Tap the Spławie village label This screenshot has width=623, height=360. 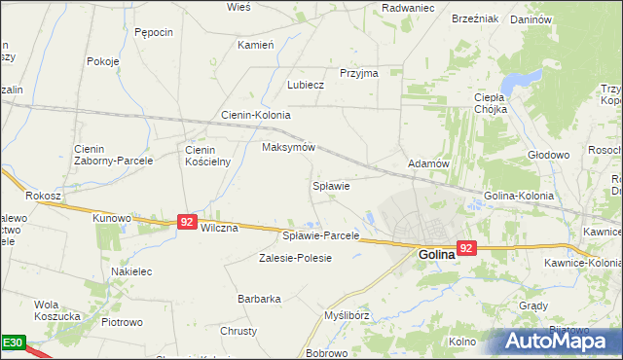330,185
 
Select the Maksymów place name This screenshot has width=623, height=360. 289,148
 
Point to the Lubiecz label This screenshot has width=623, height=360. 305,85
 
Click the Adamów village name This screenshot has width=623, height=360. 428,164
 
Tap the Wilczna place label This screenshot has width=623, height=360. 219,227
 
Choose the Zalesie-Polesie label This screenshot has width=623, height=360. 295,258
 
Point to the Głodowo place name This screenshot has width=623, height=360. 547,155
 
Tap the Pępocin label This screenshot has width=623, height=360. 154,32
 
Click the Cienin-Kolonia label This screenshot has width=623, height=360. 256,115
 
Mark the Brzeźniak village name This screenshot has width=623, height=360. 475,18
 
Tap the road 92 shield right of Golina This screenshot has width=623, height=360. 467,248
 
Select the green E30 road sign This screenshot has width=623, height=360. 12,343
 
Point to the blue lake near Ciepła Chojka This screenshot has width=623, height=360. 527,78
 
